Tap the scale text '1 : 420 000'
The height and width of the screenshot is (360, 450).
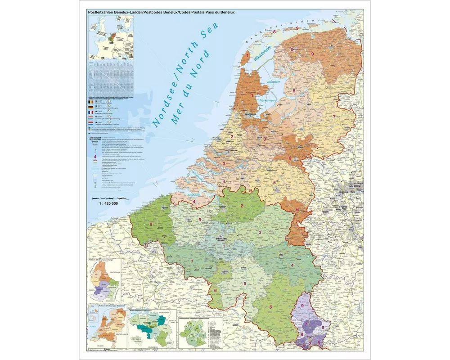coord(108,203)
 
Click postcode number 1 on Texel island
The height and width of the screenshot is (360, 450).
coord(247,55)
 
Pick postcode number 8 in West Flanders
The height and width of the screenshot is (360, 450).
coord(151,224)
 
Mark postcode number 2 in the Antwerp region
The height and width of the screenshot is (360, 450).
coord(242,206)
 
